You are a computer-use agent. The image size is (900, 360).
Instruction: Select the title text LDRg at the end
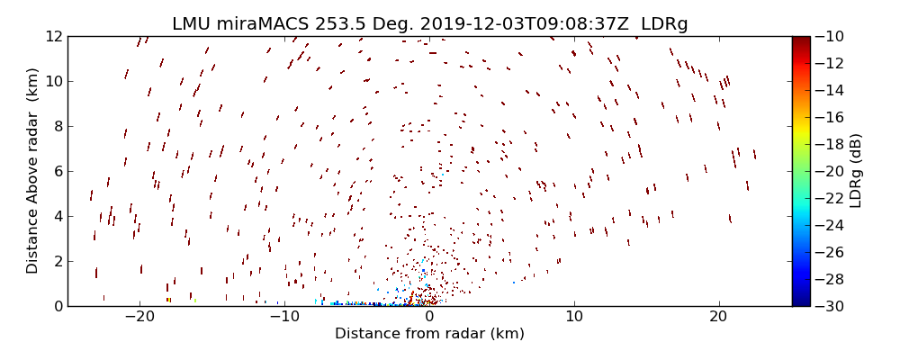667,24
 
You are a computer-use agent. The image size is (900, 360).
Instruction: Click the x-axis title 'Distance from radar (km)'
429,334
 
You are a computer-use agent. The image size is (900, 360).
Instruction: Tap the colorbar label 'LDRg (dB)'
855,171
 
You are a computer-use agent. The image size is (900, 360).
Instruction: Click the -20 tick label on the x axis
139,317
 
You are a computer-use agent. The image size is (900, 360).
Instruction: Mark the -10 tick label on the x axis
284,317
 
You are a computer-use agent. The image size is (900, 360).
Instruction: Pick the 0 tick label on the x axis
429,317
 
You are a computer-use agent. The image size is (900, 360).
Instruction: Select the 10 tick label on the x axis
574,317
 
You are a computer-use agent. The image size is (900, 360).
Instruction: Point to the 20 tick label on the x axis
718,317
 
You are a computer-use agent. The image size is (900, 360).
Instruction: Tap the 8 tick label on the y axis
57,126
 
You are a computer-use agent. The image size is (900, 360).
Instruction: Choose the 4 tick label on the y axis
57,216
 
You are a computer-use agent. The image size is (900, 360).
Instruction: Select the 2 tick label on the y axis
57,261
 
